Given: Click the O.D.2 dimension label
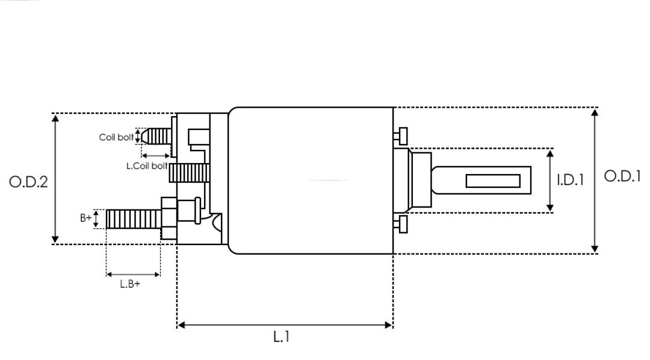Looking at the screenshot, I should pyautogui.click(x=28, y=182).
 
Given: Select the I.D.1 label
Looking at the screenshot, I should pyautogui.click(x=570, y=180).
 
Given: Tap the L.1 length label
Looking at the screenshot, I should pyautogui.click(x=282, y=337).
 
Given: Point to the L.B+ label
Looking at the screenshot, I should pyautogui.click(x=130, y=284).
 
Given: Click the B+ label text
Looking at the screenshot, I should pyautogui.click(x=86, y=219).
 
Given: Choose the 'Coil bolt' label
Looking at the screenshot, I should pyautogui.click(x=116, y=137).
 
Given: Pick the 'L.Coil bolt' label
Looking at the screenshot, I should pyautogui.click(x=147, y=166).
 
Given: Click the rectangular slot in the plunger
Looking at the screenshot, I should pyautogui.click(x=493, y=181).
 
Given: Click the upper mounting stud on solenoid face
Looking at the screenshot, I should pyautogui.click(x=401, y=135).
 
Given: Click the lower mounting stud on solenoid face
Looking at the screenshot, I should pyautogui.click(x=401, y=224).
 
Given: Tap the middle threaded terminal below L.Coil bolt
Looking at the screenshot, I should pyautogui.click(x=188, y=173).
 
